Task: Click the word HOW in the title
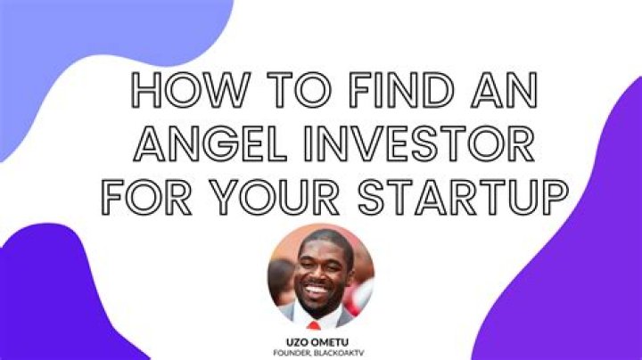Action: pyautogui.click(x=191, y=90)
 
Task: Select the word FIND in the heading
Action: pyautogui.click(x=401, y=90)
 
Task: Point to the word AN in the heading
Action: pyautogui.click(x=505, y=90)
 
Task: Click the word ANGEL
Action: pyautogui.click(x=210, y=143)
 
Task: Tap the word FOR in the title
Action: pyautogui.click(x=146, y=197)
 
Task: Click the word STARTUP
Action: pyautogui.click(x=463, y=197)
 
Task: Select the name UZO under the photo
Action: pyautogui.click(x=296, y=342)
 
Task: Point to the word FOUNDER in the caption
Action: pyautogui.click(x=291, y=353)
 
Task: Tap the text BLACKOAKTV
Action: pyautogui.click(x=337, y=353)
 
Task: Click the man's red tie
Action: pyautogui.click(x=314, y=325)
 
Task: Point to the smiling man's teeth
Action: pyautogui.click(x=317, y=290)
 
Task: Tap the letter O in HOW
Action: pyautogui.click(x=182, y=90)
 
